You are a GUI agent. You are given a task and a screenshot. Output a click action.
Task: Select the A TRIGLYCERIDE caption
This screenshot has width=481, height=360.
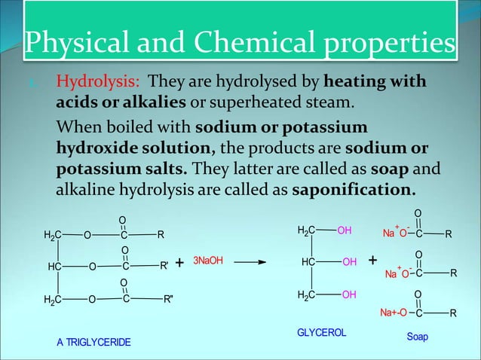tap(93, 342)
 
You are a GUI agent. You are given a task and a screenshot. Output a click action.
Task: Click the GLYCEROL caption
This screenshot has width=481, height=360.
tap(320, 332)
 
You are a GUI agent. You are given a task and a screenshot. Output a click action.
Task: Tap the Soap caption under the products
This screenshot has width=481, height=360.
tap(417, 337)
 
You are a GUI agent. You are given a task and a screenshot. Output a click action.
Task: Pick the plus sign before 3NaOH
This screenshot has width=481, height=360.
tap(179, 263)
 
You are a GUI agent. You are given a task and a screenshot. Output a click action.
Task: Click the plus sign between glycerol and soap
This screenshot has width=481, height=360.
tap(373, 261)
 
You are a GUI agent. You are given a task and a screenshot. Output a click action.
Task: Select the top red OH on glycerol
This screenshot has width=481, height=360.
tap(345, 230)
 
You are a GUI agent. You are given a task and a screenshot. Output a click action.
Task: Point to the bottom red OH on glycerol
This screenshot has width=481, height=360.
tap(348, 294)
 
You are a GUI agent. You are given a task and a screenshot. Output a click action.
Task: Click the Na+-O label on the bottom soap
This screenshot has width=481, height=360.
tap(394, 312)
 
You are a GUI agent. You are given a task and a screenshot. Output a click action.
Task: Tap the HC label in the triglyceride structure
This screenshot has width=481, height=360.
tap(54, 266)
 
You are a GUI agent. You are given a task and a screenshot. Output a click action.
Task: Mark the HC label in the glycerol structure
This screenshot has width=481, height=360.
tap(308, 262)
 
